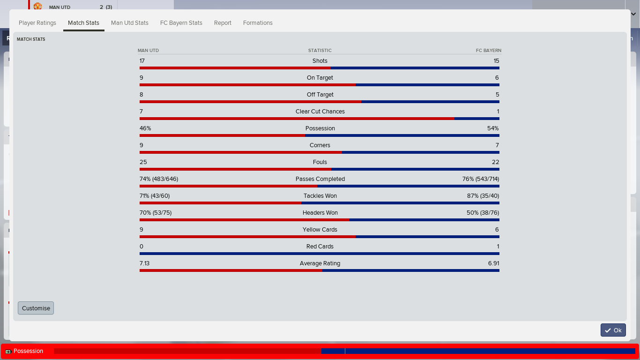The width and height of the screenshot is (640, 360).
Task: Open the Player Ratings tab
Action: (x=37, y=23)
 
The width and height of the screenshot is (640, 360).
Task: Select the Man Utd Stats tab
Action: (x=130, y=23)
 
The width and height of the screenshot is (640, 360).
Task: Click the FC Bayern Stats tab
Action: (x=181, y=23)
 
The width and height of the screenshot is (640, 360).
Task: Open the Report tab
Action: (x=223, y=23)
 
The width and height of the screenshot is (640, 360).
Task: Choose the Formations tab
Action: (x=258, y=23)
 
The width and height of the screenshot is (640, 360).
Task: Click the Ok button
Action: (x=613, y=330)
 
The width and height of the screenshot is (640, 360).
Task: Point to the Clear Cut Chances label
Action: (x=320, y=112)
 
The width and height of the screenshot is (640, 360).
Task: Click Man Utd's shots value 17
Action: (x=142, y=61)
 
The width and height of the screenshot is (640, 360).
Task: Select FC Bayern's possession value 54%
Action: (x=493, y=128)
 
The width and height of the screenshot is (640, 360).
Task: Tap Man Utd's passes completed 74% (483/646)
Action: (x=159, y=179)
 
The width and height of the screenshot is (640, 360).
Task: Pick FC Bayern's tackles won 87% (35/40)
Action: (x=483, y=196)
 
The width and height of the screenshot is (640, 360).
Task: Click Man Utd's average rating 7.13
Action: (x=145, y=263)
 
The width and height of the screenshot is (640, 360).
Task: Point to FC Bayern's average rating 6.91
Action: (x=494, y=263)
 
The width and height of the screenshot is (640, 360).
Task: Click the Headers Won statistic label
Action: (x=320, y=213)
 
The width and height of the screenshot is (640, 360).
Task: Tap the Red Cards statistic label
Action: (x=320, y=247)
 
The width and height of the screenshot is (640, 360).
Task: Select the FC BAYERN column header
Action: (x=489, y=50)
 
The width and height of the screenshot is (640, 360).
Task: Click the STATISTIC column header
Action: (x=320, y=50)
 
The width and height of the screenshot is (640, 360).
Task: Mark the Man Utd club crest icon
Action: (x=37, y=6)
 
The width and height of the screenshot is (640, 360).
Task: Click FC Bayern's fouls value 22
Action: (x=495, y=162)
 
